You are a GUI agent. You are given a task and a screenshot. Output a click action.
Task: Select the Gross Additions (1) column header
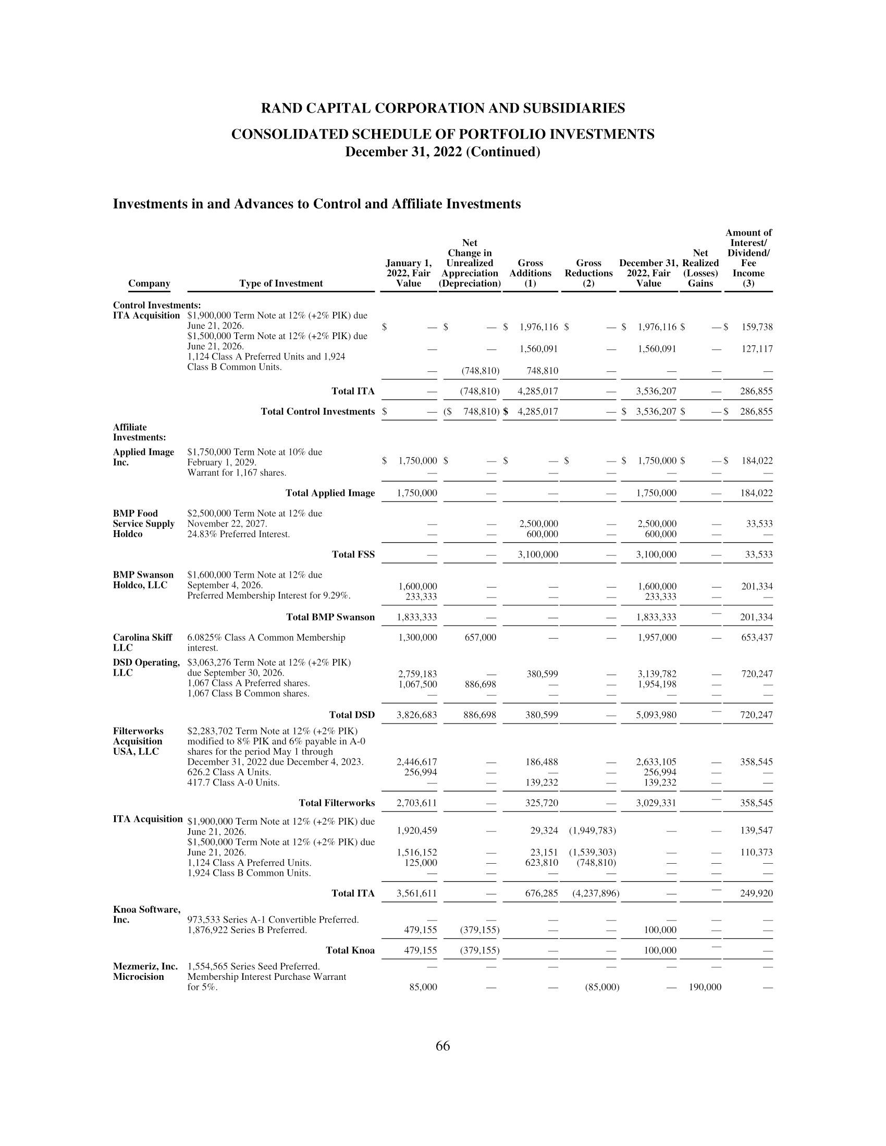[x=530, y=273]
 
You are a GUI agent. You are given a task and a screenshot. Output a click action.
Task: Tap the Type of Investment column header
[x=281, y=283]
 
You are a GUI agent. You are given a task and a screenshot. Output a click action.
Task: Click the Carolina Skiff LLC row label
[x=142, y=642]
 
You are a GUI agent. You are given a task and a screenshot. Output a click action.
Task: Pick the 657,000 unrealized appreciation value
[x=481, y=638]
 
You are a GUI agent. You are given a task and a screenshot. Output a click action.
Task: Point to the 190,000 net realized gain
[x=705, y=987]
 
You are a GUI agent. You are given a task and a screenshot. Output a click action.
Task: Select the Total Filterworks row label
[x=337, y=803]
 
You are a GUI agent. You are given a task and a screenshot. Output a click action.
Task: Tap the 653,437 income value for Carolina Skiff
[x=756, y=638]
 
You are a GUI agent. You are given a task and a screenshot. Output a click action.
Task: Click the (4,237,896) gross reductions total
[x=596, y=893]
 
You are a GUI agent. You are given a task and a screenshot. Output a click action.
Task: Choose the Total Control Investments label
[x=317, y=412]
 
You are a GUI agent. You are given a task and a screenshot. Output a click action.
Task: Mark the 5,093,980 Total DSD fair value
[x=656, y=715]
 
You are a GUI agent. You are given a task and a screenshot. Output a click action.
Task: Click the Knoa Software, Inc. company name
[x=146, y=914]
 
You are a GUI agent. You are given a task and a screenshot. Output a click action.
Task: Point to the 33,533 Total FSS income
[x=759, y=555]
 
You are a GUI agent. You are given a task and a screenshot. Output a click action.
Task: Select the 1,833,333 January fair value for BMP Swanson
[x=417, y=617]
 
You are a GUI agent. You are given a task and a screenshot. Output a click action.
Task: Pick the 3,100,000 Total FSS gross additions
[x=537, y=555]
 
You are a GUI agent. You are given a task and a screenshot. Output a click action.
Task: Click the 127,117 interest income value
[x=756, y=349]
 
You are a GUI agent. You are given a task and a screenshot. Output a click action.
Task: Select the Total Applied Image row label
[x=329, y=493]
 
